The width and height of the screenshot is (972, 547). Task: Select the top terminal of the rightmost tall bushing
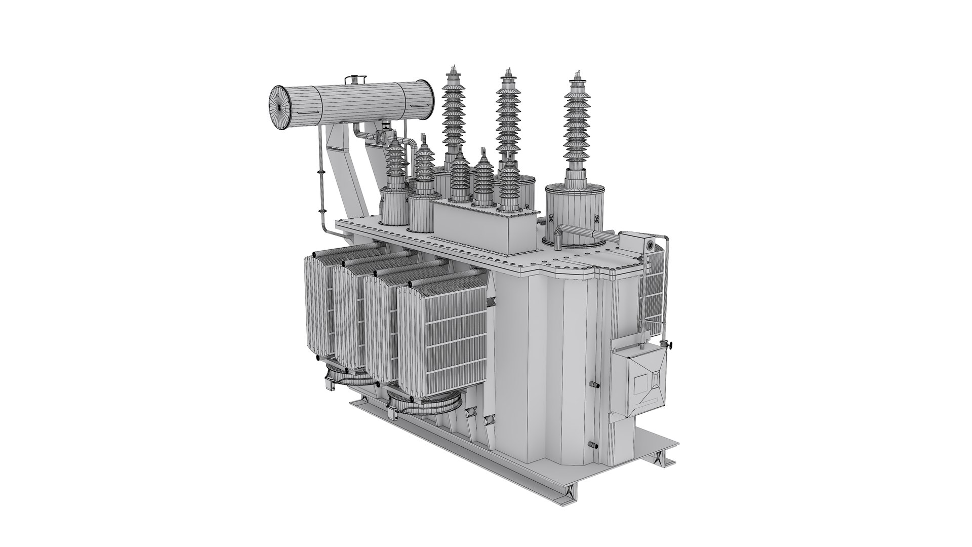[x=575, y=75]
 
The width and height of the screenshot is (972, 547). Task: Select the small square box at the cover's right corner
[x=635, y=242]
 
